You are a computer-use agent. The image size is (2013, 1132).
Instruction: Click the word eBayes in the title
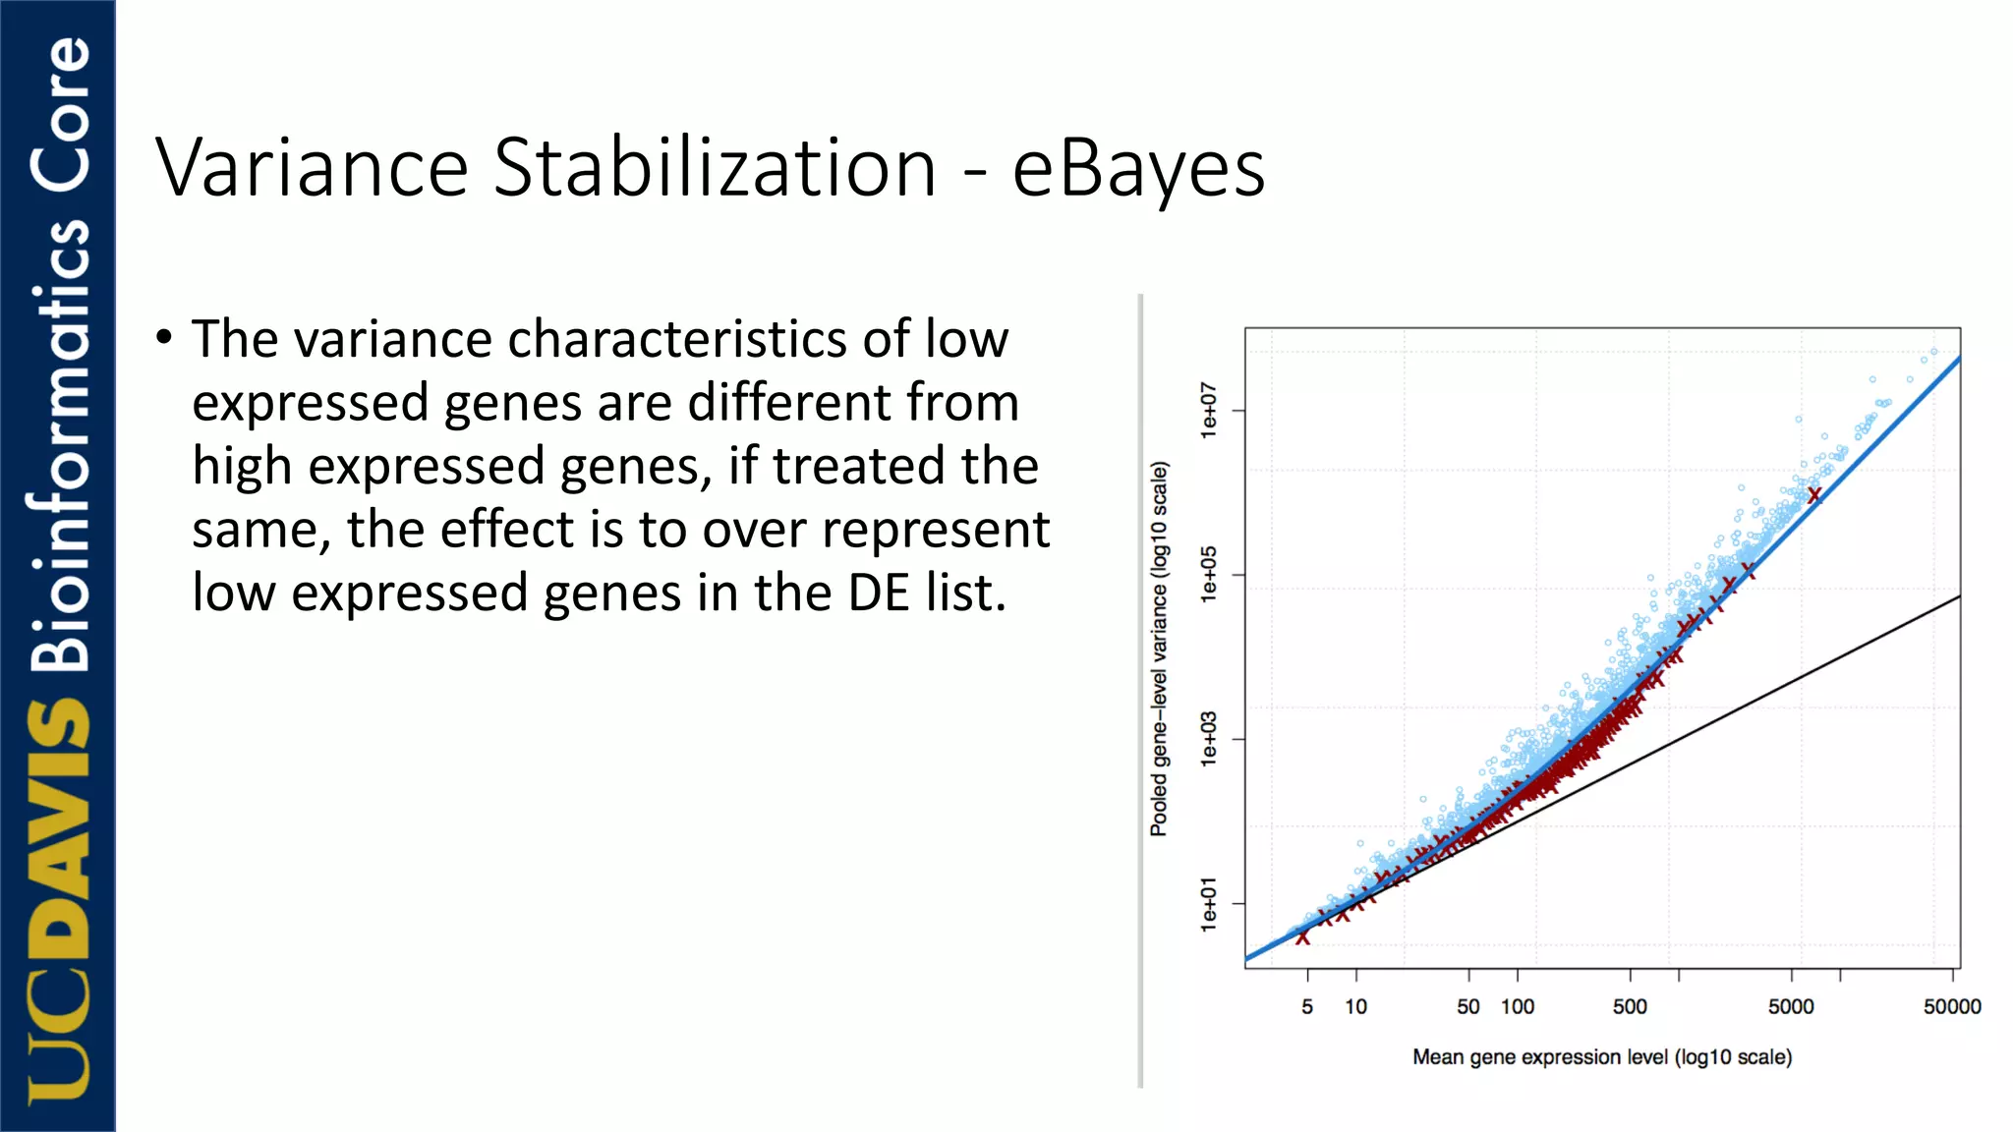point(1138,169)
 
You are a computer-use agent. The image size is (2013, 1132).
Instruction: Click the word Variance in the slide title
point(312,169)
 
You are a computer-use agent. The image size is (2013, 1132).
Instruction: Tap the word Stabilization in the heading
point(715,169)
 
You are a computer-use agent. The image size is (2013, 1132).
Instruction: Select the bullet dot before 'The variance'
point(165,337)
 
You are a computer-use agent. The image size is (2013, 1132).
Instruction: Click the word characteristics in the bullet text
point(677,339)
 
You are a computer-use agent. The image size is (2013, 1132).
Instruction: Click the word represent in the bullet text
point(936,530)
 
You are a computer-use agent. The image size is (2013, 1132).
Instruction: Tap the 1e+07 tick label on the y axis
point(1209,410)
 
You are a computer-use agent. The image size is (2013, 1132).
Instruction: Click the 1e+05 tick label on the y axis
point(1209,574)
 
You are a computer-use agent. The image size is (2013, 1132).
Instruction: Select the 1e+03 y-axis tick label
point(1209,739)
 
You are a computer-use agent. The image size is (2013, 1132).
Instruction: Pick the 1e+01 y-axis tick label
point(1209,904)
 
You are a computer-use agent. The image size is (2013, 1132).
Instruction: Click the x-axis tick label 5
point(1307,1006)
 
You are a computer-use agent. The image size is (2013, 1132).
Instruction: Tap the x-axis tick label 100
point(1518,1006)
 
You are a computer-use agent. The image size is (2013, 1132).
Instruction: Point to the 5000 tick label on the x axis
point(1791,1006)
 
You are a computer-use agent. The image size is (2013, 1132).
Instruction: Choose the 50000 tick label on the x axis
point(1952,1006)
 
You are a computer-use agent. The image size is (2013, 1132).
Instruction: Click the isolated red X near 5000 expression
point(1814,495)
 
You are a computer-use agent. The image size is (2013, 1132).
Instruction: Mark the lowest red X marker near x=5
point(1302,938)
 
